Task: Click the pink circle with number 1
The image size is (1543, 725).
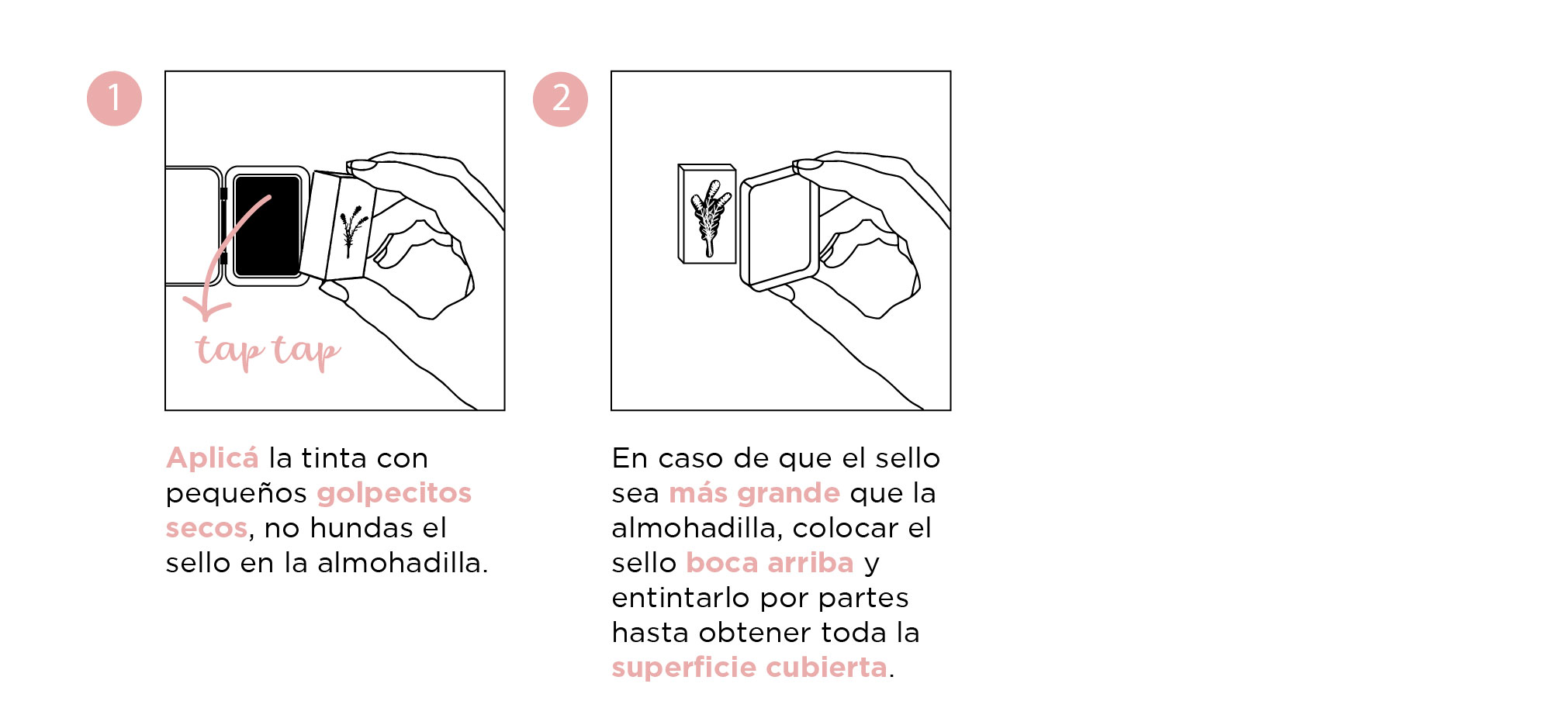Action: [x=114, y=98]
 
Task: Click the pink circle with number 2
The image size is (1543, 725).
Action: [x=560, y=98]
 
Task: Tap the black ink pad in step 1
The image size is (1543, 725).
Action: [x=267, y=226]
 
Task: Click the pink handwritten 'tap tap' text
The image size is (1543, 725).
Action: [x=268, y=351]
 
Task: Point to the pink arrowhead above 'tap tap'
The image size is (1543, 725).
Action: [x=206, y=308]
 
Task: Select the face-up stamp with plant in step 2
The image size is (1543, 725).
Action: [x=707, y=214]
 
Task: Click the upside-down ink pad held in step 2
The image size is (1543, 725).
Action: [x=779, y=228]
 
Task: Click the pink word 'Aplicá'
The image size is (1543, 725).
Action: [x=212, y=458]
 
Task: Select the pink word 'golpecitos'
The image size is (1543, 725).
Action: [x=394, y=494]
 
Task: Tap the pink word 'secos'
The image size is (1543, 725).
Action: [x=206, y=528]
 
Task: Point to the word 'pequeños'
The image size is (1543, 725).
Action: [x=237, y=494]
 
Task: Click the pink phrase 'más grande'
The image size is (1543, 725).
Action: [x=754, y=494]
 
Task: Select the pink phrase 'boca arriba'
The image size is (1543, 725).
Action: [x=770, y=563]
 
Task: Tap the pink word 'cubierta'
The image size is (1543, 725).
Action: [x=826, y=668]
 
